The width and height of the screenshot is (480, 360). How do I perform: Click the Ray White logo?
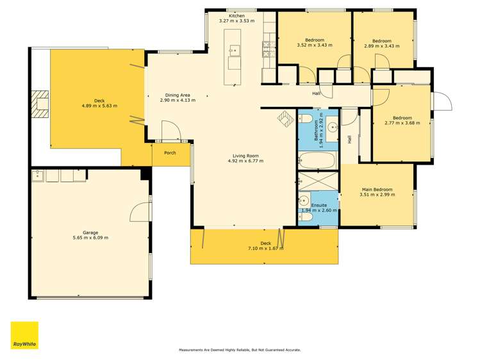[24, 335]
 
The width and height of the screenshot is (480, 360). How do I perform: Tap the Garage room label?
[90, 233]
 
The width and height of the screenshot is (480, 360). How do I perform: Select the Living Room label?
[245, 156]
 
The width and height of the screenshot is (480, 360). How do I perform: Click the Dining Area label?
[178, 95]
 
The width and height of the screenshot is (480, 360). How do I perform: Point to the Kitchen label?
[236, 15]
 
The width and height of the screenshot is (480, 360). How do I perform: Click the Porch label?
[170, 152]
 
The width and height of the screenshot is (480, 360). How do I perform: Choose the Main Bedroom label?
[377, 190]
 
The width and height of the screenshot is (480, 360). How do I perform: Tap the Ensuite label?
[319, 205]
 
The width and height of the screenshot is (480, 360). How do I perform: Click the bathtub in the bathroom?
[317, 160]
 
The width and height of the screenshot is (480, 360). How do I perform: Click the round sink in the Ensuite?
[304, 200]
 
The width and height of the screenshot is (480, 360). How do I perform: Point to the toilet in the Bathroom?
[305, 119]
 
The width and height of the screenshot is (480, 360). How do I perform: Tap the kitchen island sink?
[235, 50]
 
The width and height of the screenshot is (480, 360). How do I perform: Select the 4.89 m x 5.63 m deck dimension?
[99, 106]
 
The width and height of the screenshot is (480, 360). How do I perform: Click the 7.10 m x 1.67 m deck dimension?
[265, 249]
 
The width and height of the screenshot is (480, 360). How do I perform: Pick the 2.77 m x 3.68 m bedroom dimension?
[402, 123]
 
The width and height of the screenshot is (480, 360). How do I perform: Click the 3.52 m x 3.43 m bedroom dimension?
[315, 45]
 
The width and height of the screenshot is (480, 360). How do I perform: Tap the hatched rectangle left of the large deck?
[40, 104]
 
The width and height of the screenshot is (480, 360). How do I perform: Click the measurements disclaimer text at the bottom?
[240, 350]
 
